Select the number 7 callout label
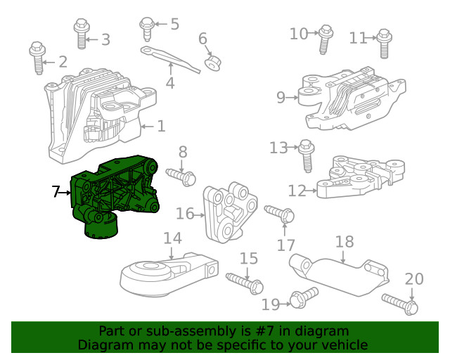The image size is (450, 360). pos(56,191)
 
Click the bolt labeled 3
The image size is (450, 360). pos(81,34)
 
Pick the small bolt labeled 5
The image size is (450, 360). pos(148,28)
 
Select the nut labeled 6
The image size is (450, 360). pos(212,64)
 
